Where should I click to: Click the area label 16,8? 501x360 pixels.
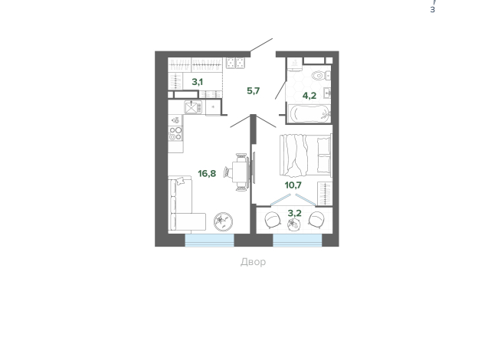click(x=207, y=174)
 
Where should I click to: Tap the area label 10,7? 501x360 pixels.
click(x=293, y=185)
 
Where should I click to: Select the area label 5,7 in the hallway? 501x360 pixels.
click(x=254, y=91)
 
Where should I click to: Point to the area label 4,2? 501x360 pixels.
click(x=309, y=96)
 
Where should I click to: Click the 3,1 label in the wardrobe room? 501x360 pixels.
click(x=197, y=82)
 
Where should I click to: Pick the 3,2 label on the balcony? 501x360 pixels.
click(x=295, y=213)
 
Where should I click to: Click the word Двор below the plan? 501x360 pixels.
click(x=253, y=262)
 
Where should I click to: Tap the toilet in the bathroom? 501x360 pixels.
click(x=320, y=76)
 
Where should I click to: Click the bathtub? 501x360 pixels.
click(x=309, y=113)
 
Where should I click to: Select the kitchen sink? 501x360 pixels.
click(x=193, y=107)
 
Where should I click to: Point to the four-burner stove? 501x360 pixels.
click(x=175, y=133)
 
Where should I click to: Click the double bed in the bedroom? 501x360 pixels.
click(x=306, y=155)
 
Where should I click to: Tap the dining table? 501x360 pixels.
click(x=240, y=172)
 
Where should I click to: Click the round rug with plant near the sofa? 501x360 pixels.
click(x=223, y=221)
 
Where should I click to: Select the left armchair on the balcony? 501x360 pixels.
click(x=273, y=220)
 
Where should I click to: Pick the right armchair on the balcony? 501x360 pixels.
click(x=316, y=220)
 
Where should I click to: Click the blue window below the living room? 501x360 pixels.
click(x=210, y=241)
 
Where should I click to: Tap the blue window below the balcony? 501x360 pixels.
click(x=297, y=241)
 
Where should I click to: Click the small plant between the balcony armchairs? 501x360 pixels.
click(x=293, y=225)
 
